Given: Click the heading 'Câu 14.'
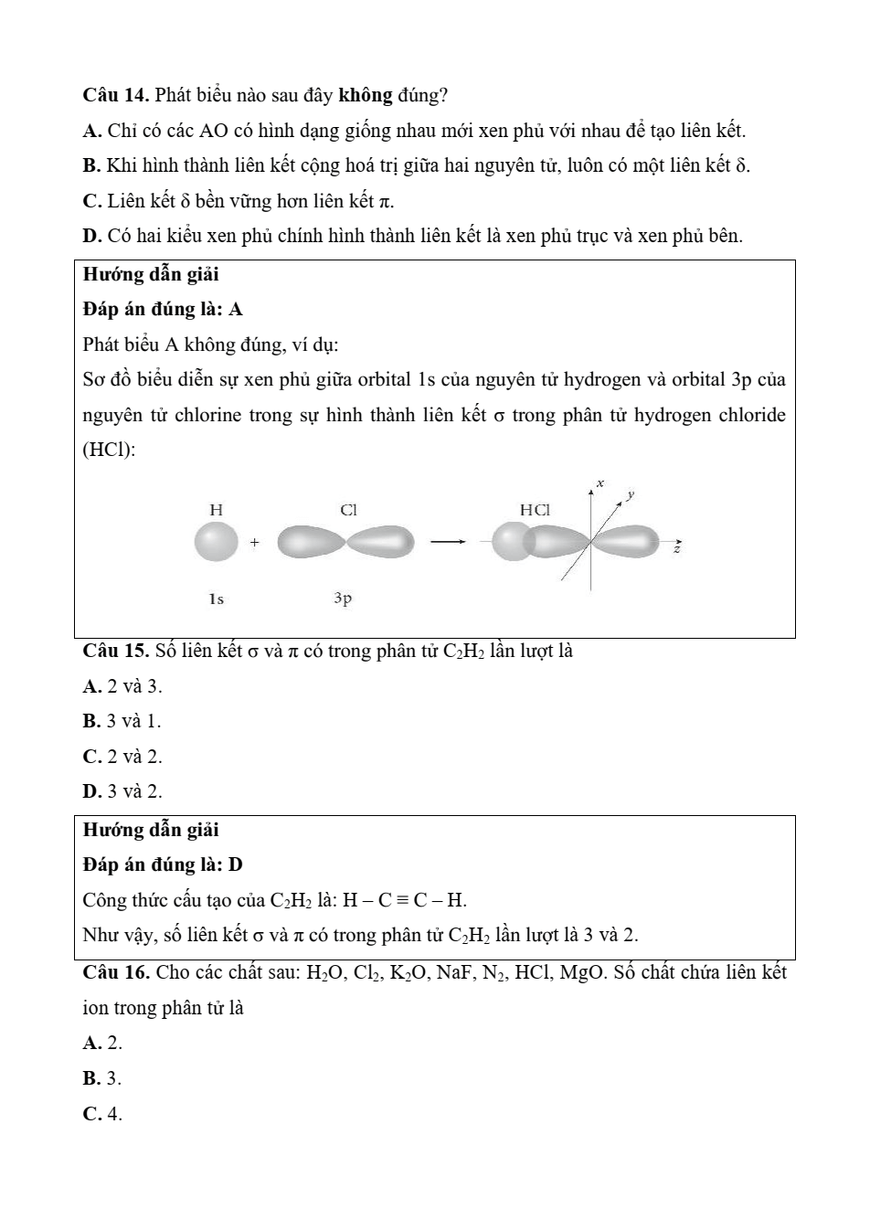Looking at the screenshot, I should pos(115,95).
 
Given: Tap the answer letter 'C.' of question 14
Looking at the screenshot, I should pos(91,200).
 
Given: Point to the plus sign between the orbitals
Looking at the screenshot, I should pos(254,543).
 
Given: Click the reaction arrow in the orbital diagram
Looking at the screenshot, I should pos(449,543).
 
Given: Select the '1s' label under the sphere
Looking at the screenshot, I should pos(216,599).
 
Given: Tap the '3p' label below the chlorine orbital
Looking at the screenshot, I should pos(343,599).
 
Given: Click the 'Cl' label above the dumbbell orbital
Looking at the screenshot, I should pos(348,510).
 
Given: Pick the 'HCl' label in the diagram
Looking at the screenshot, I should pos(535,510).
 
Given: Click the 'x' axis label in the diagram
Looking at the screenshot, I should pos(600,482).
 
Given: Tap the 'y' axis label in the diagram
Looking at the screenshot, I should pos(630,494).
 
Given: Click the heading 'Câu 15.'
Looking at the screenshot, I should pos(115,651).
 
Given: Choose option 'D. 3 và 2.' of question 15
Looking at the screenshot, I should pos(122,791).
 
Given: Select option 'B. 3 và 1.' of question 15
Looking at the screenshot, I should pos(122,721).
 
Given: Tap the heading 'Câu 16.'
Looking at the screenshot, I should pos(115,972).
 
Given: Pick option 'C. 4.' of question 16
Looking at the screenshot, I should pos(102,1114).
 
